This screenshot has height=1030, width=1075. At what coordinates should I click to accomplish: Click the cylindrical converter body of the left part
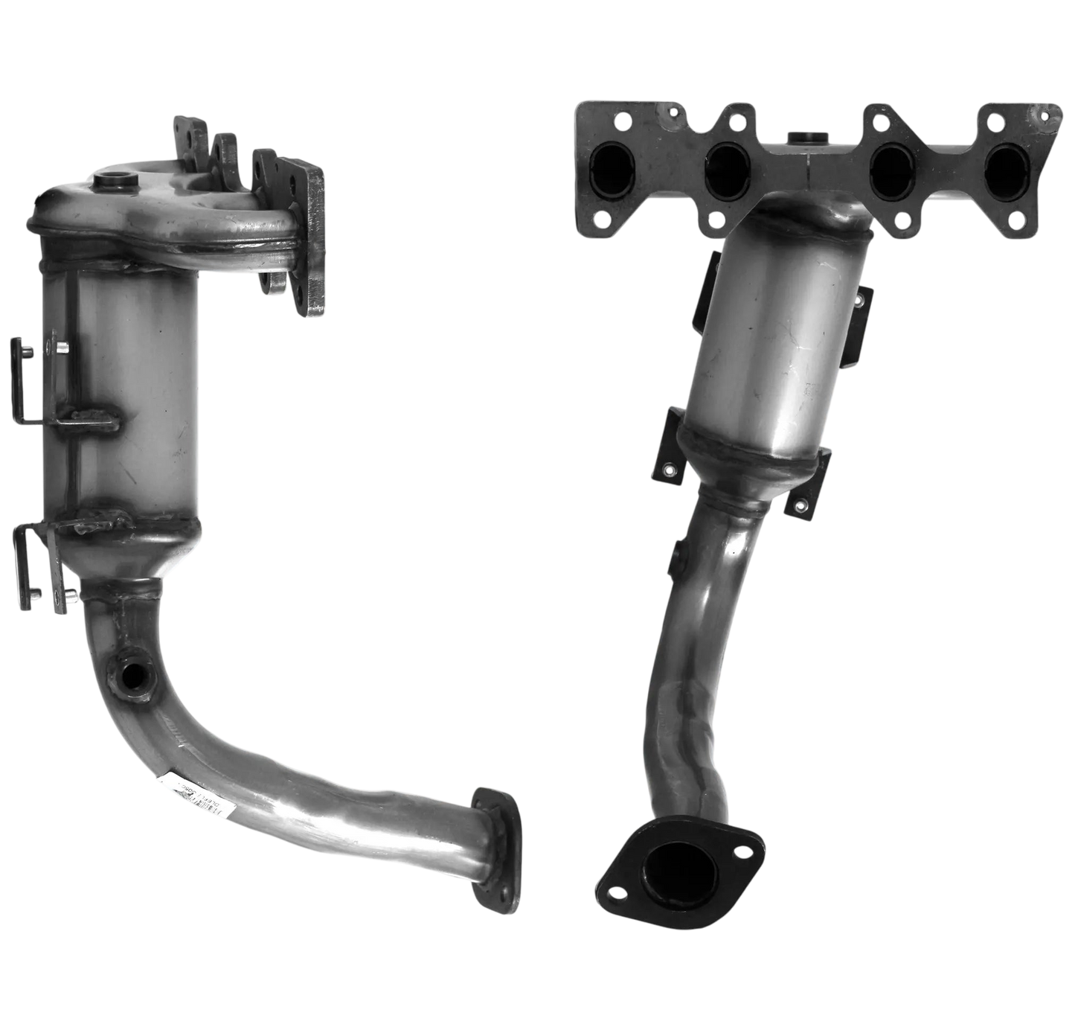[x=130, y=387]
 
